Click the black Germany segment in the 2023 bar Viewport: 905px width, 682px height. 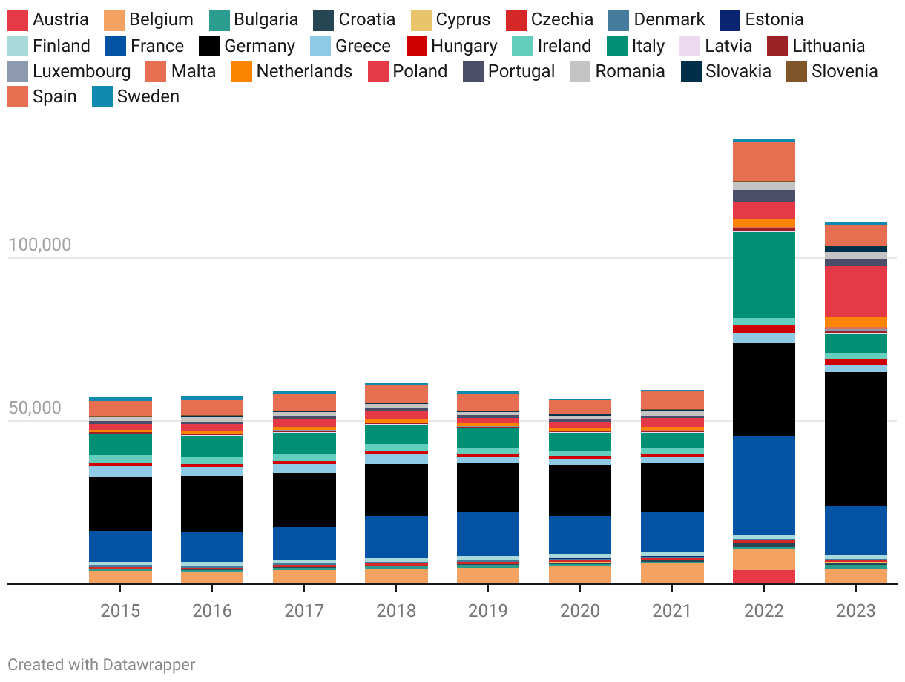coord(856,438)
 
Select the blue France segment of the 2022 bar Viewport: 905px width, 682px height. coord(764,485)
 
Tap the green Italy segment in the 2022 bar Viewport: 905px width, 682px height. coord(764,274)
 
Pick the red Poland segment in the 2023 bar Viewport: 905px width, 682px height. coord(856,291)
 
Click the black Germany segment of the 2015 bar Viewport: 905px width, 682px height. coord(120,503)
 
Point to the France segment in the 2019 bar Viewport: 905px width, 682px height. coord(488,534)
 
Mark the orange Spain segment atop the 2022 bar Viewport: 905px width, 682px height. coord(764,161)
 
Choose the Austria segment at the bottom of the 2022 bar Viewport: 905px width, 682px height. coord(764,577)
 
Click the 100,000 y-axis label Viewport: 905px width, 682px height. coord(40,245)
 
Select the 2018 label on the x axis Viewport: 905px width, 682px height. coord(396,611)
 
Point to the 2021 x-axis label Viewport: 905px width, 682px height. coord(672,611)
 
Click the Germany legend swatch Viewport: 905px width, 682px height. coord(210,46)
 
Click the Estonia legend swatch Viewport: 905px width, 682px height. coord(731,20)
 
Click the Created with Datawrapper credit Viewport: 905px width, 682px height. coord(102,664)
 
